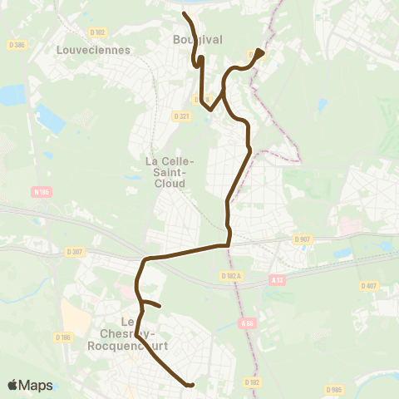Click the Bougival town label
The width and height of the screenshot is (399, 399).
194,40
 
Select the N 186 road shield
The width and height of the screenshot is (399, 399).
42,192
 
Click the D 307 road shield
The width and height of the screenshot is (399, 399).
75,250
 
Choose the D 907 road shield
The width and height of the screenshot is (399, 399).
302,239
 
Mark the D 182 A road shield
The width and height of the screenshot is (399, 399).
231,275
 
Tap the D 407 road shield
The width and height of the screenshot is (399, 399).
369,286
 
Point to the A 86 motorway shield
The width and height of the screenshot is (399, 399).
246,323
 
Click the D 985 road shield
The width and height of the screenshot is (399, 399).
334,389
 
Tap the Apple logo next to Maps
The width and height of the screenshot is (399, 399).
13,385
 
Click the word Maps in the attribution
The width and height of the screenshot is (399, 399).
37,385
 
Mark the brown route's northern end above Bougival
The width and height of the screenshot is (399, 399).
184,14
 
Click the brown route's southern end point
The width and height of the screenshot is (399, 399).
191,385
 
